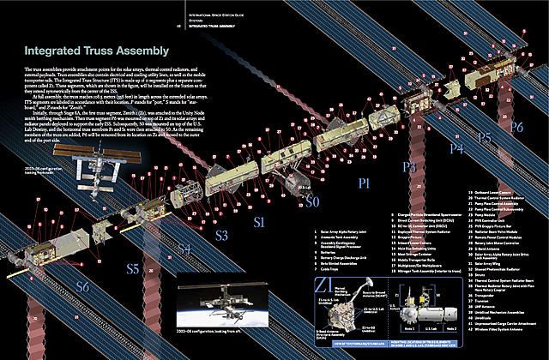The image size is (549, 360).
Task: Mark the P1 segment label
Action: tap(365, 183)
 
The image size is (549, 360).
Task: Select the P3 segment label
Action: tap(410, 166)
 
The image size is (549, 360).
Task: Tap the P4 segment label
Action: tap(456, 148)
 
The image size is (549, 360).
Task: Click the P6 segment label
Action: tap(516, 126)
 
